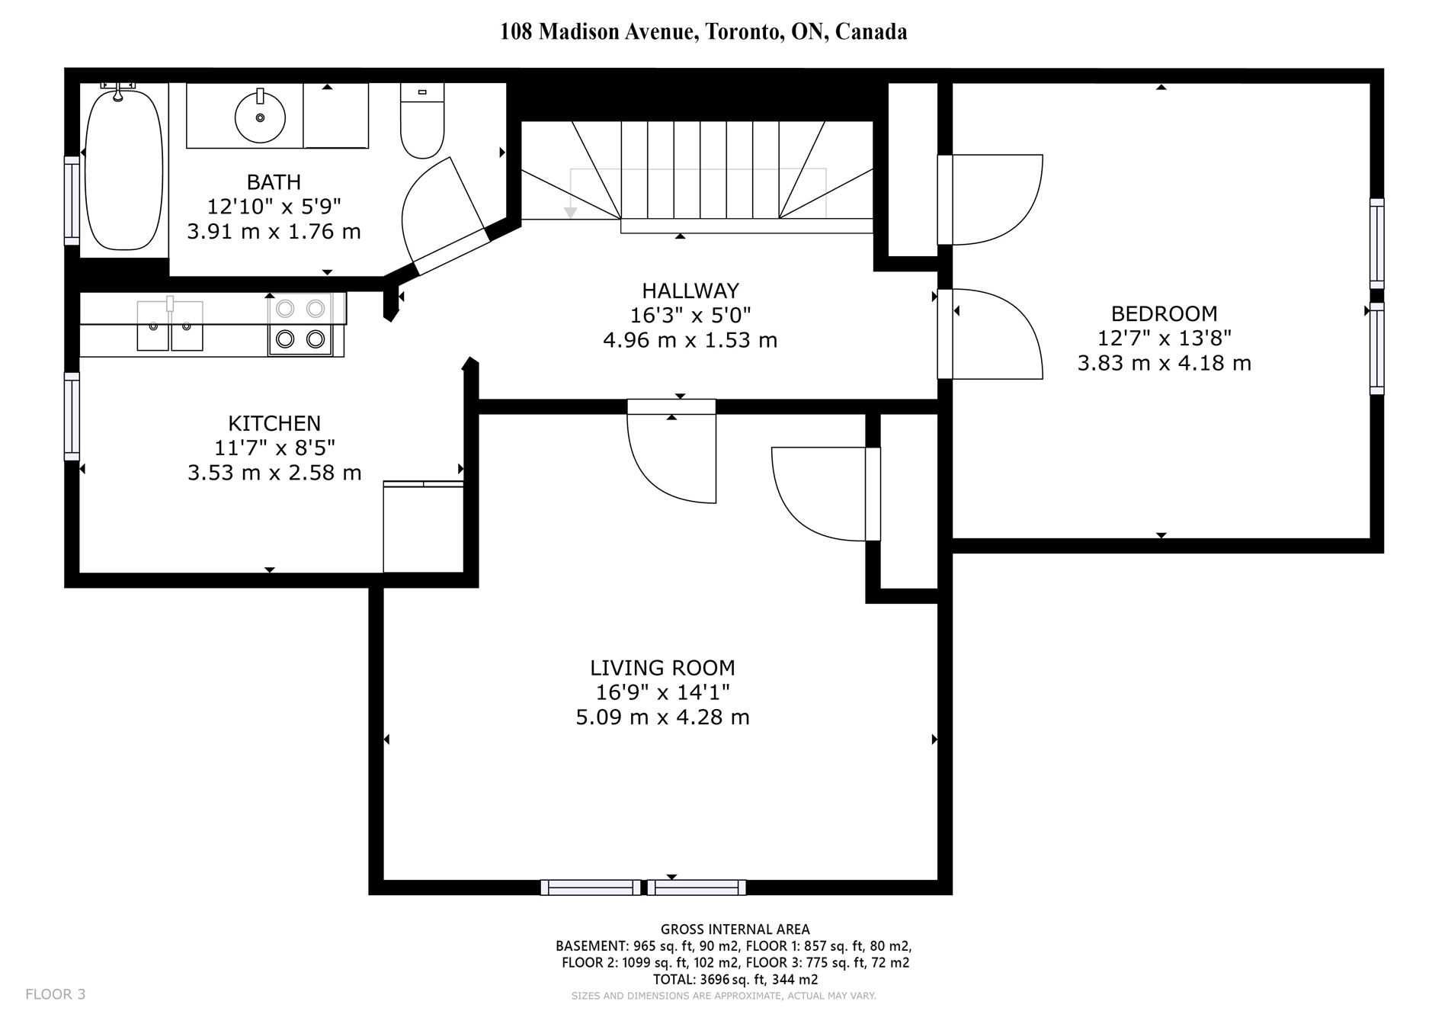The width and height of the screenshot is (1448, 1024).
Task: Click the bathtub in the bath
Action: coord(123,169)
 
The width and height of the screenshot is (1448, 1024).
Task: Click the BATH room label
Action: coord(274,182)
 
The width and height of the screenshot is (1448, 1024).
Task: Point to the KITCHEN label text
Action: coord(274,423)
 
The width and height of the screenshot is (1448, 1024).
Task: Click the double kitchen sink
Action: coord(170,326)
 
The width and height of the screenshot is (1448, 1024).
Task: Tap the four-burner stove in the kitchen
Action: coord(300,324)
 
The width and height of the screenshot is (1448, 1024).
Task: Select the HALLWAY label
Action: coord(690,291)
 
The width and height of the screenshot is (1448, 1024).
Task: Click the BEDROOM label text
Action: coord(1164,313)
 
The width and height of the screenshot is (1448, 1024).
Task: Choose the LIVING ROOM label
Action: coord(662,668)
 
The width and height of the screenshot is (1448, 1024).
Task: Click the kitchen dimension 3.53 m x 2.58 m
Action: coord(274,473)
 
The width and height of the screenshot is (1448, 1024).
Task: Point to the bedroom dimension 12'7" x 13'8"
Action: coord(1164,338)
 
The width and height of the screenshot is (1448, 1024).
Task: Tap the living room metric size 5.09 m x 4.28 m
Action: coord(662,717)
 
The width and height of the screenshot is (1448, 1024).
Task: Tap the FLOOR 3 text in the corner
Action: coord(56,994)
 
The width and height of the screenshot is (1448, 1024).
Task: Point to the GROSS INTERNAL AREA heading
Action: coord(735,929)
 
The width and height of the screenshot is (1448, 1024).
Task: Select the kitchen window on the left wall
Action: coord(72,416)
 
